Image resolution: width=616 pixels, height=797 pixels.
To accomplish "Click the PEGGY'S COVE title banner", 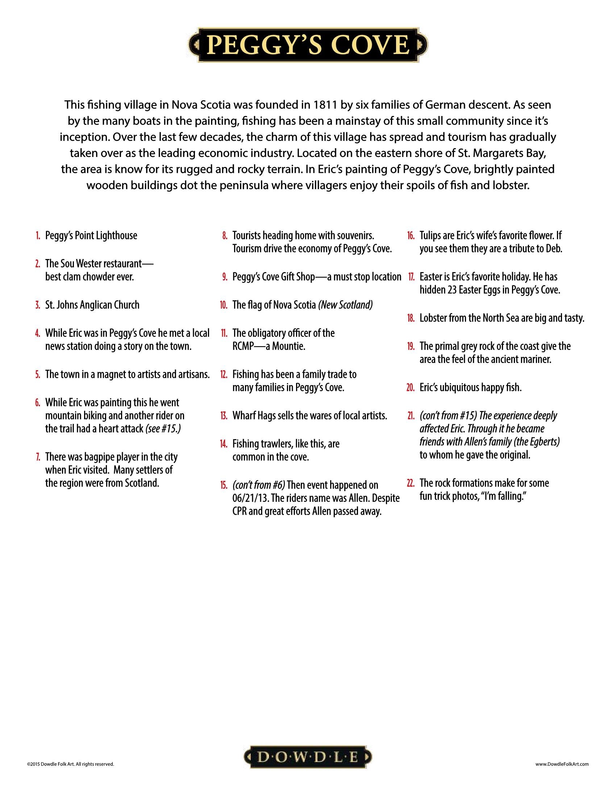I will (x=308, y=45).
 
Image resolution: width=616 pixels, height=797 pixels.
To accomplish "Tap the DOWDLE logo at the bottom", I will (x=308, y=757).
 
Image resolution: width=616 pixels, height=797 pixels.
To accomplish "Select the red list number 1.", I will (x=38, y=236).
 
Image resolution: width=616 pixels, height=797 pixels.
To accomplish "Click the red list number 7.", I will (x=38, y=457).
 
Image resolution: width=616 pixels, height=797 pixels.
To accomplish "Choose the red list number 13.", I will (x=224, y=416).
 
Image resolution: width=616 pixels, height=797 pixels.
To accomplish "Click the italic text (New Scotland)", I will (x=346, y=305).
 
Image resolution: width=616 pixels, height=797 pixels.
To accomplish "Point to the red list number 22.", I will (x=411, y=483).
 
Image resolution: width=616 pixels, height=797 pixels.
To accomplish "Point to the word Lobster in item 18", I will (x=432, y=318).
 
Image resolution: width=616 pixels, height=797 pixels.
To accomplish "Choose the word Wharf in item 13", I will (x=242, y=416).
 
